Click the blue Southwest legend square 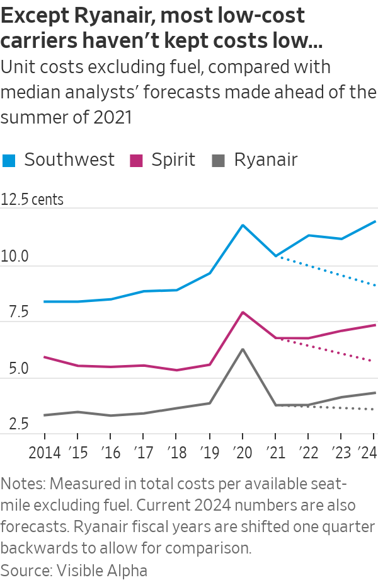[9, 160]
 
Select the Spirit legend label [173, 159]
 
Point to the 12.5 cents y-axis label [33, 200]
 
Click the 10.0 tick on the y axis [16, 257]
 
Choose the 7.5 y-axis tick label [14, 313]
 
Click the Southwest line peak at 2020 [243, 225]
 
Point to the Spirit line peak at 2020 [243, 312]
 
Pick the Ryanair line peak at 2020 [243, 349]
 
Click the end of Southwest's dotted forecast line [375, 285]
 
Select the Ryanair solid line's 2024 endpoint [375, 393]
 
